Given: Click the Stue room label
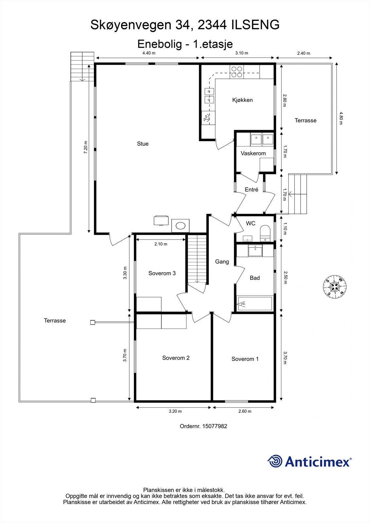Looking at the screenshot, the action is click(x=143, y=144).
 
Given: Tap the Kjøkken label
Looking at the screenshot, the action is click(x=242, y=100).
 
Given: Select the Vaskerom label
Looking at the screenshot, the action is click(x=253, y=153).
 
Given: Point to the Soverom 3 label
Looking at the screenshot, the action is click(x=162, y=273).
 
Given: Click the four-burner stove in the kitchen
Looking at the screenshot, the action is click(x=237, y=72).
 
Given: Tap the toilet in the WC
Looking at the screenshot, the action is click(x=265, y=233).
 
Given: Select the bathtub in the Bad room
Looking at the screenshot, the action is click(x=255, y=304).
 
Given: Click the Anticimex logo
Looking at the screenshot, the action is click(x=309, y=461).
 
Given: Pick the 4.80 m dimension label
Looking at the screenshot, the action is click(x=341, y=118).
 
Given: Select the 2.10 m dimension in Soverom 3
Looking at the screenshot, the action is click(x=161, y=244).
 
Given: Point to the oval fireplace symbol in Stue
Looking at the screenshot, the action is click(x=181, y=226).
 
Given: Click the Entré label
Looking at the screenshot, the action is click(x=252, y=190).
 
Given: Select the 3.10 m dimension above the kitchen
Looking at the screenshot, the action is click(x=242, y=53).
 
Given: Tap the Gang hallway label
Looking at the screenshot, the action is click(x=222, y=262).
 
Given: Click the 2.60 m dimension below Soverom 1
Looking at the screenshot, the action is click(x=245, y=411).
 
